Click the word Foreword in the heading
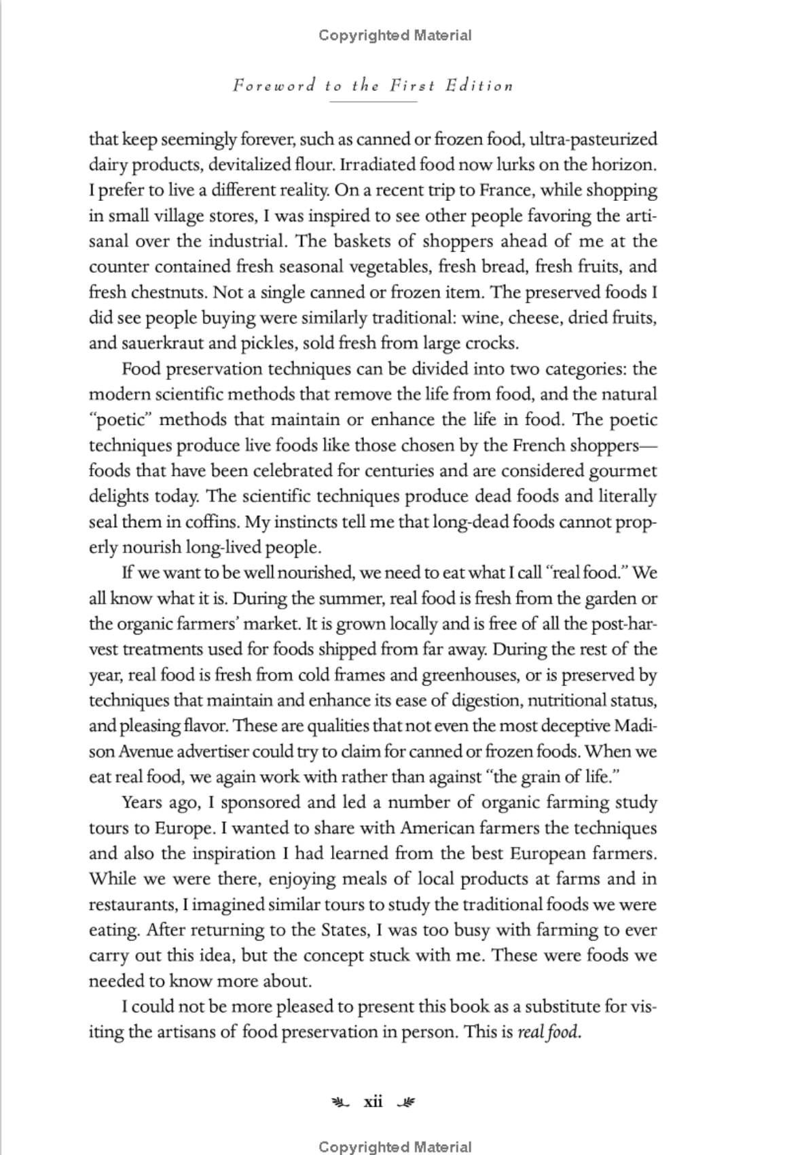click(x=274, y=86)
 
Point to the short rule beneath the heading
click(x=373, y=102)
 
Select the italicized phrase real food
click(x=549, y=1032)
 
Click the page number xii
click(x=373, y=1101)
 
